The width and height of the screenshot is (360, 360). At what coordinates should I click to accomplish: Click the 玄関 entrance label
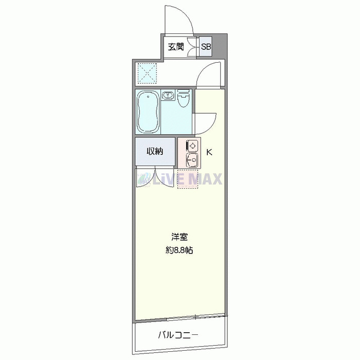pyautogui.click(x=176, y=47)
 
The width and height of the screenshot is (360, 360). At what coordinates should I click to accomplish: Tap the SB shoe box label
pyautogui.click(x=206, y=47)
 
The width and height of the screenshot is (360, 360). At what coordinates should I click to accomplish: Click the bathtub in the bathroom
pyautogui.click(x=148, y=112)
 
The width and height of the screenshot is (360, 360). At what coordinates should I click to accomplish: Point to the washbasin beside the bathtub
pyautogui.click(x=168, y=96)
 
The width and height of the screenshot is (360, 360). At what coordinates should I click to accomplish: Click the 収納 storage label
pyautogui.click(x=155, y=151)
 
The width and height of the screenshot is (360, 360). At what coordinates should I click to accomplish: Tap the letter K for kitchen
pyautogui.click(x=210, y=152)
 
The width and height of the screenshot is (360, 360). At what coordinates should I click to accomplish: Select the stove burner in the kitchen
pyautogui.click(x=192, y=146)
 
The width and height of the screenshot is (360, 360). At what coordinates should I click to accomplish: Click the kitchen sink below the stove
pyautogui.click(x=192, y=161)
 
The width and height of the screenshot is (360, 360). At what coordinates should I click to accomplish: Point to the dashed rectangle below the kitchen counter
pyautogui.click(x=187, y=178)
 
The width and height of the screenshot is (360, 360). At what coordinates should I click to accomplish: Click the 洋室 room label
pyautogui.click(x=179, y=238)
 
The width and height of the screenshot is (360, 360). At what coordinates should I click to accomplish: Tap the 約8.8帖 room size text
pyautogui.click(x=179, y=251)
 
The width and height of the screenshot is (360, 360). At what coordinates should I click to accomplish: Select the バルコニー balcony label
pyautogui.click(x=177, y=336)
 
